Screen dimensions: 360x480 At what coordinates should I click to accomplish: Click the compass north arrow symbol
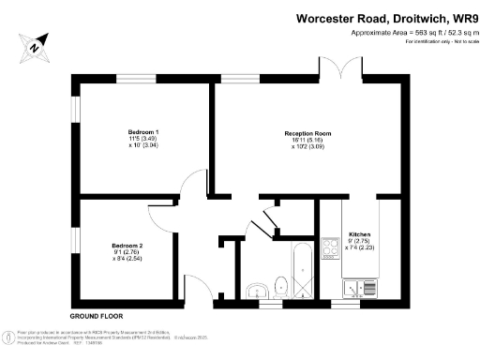coord(34,46)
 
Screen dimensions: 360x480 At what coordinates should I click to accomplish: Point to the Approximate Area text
coord(408,33)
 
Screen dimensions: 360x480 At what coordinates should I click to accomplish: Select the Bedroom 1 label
coord(143,131)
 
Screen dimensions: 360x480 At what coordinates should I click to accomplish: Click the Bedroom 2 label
coord(127,246)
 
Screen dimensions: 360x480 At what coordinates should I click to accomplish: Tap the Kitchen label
coord(360,233)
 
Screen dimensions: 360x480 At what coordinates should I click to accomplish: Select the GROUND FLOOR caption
coord(97,317)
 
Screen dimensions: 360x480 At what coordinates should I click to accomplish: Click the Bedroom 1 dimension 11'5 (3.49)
coord(143,139)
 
